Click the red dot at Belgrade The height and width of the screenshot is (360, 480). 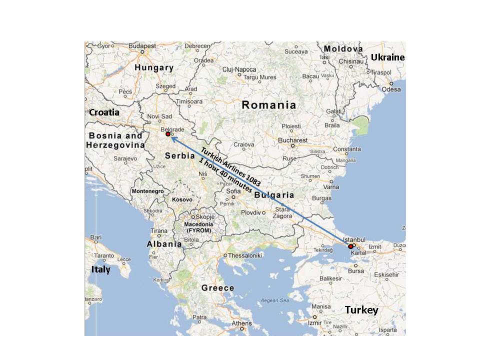click(168, 134)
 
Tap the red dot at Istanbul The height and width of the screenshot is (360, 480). click(350, 246)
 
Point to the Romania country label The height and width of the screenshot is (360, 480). click(268, 105)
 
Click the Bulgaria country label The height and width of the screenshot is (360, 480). click(273, 195)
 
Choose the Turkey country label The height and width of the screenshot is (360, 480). click(361, 310)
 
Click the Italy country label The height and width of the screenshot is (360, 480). click(100, 270)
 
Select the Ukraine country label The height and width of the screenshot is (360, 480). click(387, 57)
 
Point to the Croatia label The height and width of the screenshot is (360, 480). click(104, 112)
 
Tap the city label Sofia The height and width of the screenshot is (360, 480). click(233, 191)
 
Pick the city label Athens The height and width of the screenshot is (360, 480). click(242, 323)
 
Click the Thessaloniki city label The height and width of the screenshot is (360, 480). click(245, 255)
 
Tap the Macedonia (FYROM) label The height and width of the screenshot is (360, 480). click(199, 227)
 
